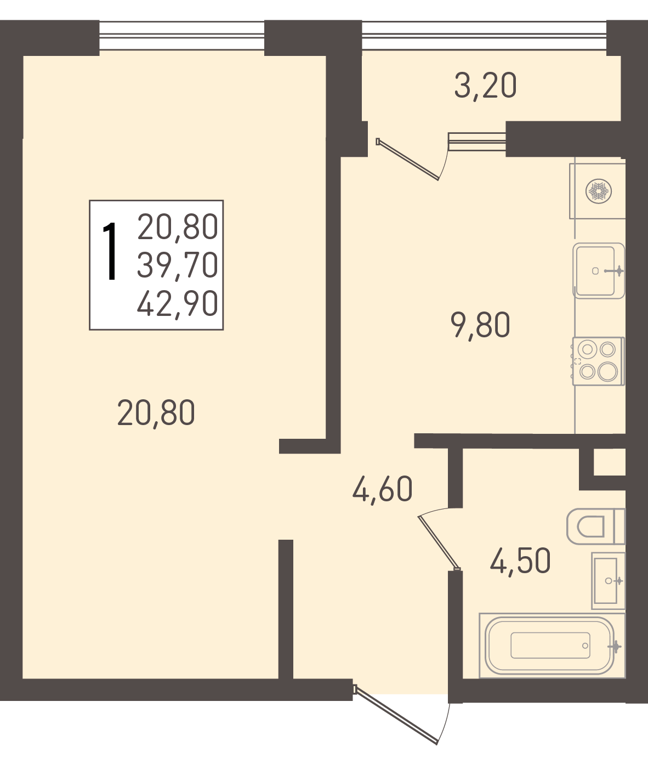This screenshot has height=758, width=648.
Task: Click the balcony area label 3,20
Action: (x=485, y=86)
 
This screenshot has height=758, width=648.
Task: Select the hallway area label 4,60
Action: (x=382, y=490)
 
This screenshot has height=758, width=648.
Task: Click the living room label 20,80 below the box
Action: (x=156, y=414)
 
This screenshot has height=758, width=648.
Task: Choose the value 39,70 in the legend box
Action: (x=178, y=265)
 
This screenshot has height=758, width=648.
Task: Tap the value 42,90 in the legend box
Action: (x=178, y=304)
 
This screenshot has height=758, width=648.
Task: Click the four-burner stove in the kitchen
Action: (x=598, y=361)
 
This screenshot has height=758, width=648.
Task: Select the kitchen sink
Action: (x=599, y=270)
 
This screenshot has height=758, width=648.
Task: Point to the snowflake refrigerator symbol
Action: (x=598, y=191)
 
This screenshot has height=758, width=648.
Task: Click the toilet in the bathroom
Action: (x=595, y=526)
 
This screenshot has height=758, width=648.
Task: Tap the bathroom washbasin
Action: (x=609, y=581)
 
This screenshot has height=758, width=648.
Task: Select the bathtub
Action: (x=552, y=646)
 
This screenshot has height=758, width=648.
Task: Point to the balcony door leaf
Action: (x=407, y=159)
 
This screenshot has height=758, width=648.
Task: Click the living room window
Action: (x=182, y=35)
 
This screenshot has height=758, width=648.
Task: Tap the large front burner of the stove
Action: (x=607, y=372)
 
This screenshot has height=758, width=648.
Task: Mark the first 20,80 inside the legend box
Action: (x=178, y=227)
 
